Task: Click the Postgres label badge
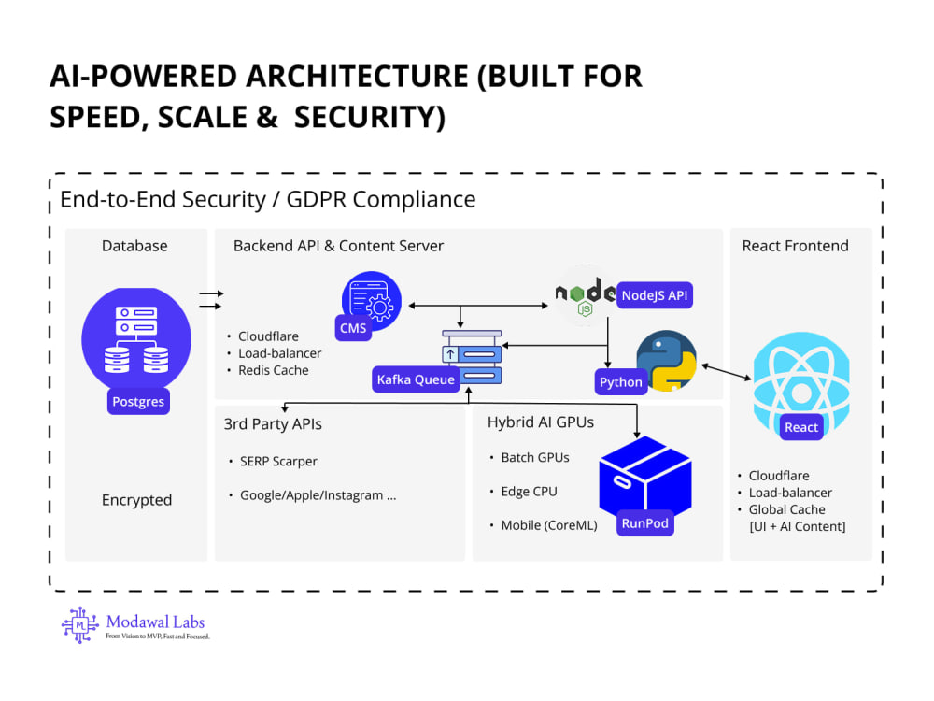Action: (x=138, y=401)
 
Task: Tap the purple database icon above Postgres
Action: (x=136, y=339)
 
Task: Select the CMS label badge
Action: (x=353, y=328)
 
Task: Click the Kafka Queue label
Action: (x=416, y=379)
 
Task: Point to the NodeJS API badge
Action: (x=655, y=295)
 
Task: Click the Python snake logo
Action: (x=667, y=361)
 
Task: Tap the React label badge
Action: (x=801, y=427)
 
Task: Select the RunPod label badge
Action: (x=645, y=522)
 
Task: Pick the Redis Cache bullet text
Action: (x=274, y=370)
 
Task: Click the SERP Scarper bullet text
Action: (x=278, y=461)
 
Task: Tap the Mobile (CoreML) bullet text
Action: (x=549, y=525)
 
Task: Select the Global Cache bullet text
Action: (x=786, y=509)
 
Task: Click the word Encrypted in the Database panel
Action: (x=136, y=499)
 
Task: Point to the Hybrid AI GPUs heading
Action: (x=541, y=422)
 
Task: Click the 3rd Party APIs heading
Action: (x=273, y=423)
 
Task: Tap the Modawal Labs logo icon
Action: (x=79, y=624)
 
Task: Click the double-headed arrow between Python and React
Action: (x=726, y=371)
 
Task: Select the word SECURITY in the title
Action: (x=370, y=117)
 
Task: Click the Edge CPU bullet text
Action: (x=529, y=492)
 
